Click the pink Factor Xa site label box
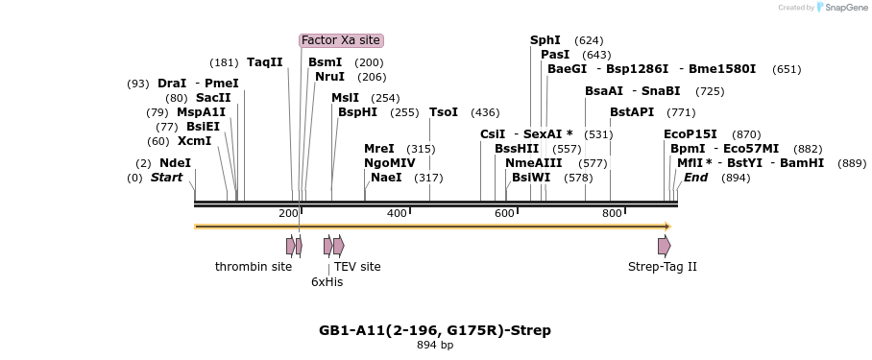click(341, 40)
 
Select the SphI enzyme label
click(545, 40)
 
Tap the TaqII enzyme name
click(265, 62)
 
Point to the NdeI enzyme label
click(175, 163)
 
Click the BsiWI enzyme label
click(531, 178)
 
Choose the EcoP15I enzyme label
click(690, 134)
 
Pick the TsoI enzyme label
click(444, 112)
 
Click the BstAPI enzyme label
click(632, 112)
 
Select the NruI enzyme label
click(329, 77)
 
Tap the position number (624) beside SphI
click(589, 40)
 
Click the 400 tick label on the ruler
click(397, 213)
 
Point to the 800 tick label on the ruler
click(612, 213)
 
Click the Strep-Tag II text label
click(663, 267)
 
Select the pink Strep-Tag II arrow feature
click(664, 247)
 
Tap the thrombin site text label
click(254, 267)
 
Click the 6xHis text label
click(327, 282)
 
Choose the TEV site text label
click(357, 267)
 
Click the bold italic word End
click(696, 178)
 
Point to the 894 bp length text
click(435, 345)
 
